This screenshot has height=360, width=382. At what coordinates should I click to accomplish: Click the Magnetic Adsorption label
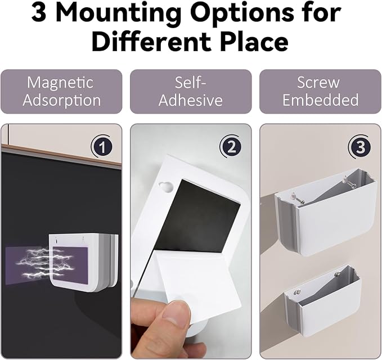tap(61, 91)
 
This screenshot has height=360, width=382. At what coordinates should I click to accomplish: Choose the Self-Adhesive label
tap(191, 91)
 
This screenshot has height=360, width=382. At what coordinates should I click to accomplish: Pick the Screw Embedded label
tap(320, 91)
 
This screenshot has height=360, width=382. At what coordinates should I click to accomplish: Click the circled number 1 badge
tap(102, 147)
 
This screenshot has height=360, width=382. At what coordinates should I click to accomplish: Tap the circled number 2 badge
tap(231, 147)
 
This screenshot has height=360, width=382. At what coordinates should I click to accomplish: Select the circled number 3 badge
tap(360, 147)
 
